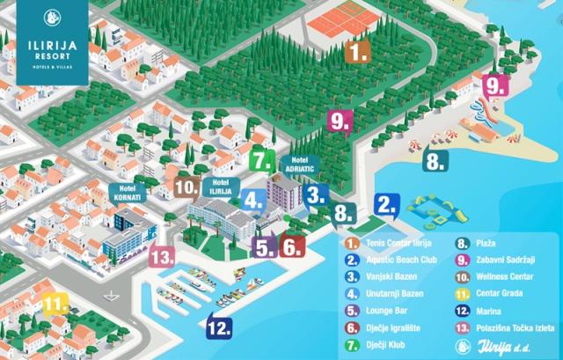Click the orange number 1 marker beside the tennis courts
355,53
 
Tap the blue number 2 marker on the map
385,205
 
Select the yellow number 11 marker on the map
56,305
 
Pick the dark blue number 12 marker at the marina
220,326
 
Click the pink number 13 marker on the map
161,257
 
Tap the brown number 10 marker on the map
185,187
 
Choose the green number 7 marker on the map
261,161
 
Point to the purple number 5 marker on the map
264,247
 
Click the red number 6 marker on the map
293,247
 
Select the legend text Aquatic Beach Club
400,261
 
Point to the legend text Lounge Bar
388,311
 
